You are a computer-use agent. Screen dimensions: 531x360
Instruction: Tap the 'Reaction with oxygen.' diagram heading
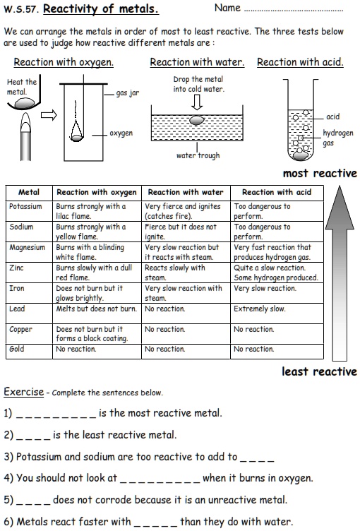point(64,62)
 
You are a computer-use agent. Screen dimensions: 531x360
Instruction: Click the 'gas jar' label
point(128,93)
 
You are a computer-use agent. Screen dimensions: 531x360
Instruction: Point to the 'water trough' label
point(198,155)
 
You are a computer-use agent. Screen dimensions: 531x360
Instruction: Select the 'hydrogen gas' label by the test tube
point(337,138)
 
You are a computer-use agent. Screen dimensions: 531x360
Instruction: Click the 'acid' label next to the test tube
point(332,117)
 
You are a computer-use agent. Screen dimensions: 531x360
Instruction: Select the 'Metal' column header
point(28,192)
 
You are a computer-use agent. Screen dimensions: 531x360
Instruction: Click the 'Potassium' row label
point(26,207)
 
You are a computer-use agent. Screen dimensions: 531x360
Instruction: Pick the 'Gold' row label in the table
point(17,349)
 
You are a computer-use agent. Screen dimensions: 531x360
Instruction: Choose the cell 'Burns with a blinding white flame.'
point(90,252)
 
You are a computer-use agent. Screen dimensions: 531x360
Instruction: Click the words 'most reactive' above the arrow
point(320,174)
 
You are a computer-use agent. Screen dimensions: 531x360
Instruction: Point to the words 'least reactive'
point(319,371)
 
